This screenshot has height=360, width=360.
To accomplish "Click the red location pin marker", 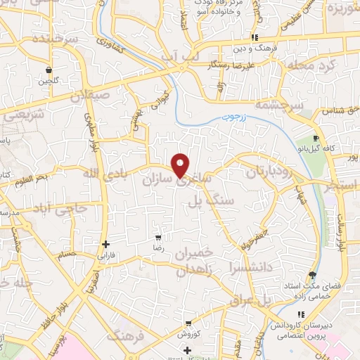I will point(181,165).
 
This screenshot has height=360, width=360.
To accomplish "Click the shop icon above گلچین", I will point(49,70).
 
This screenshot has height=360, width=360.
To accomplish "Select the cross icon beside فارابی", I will point(105,245).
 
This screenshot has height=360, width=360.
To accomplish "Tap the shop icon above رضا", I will point(158,238).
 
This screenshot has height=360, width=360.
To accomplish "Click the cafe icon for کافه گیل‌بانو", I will point(316,138).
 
